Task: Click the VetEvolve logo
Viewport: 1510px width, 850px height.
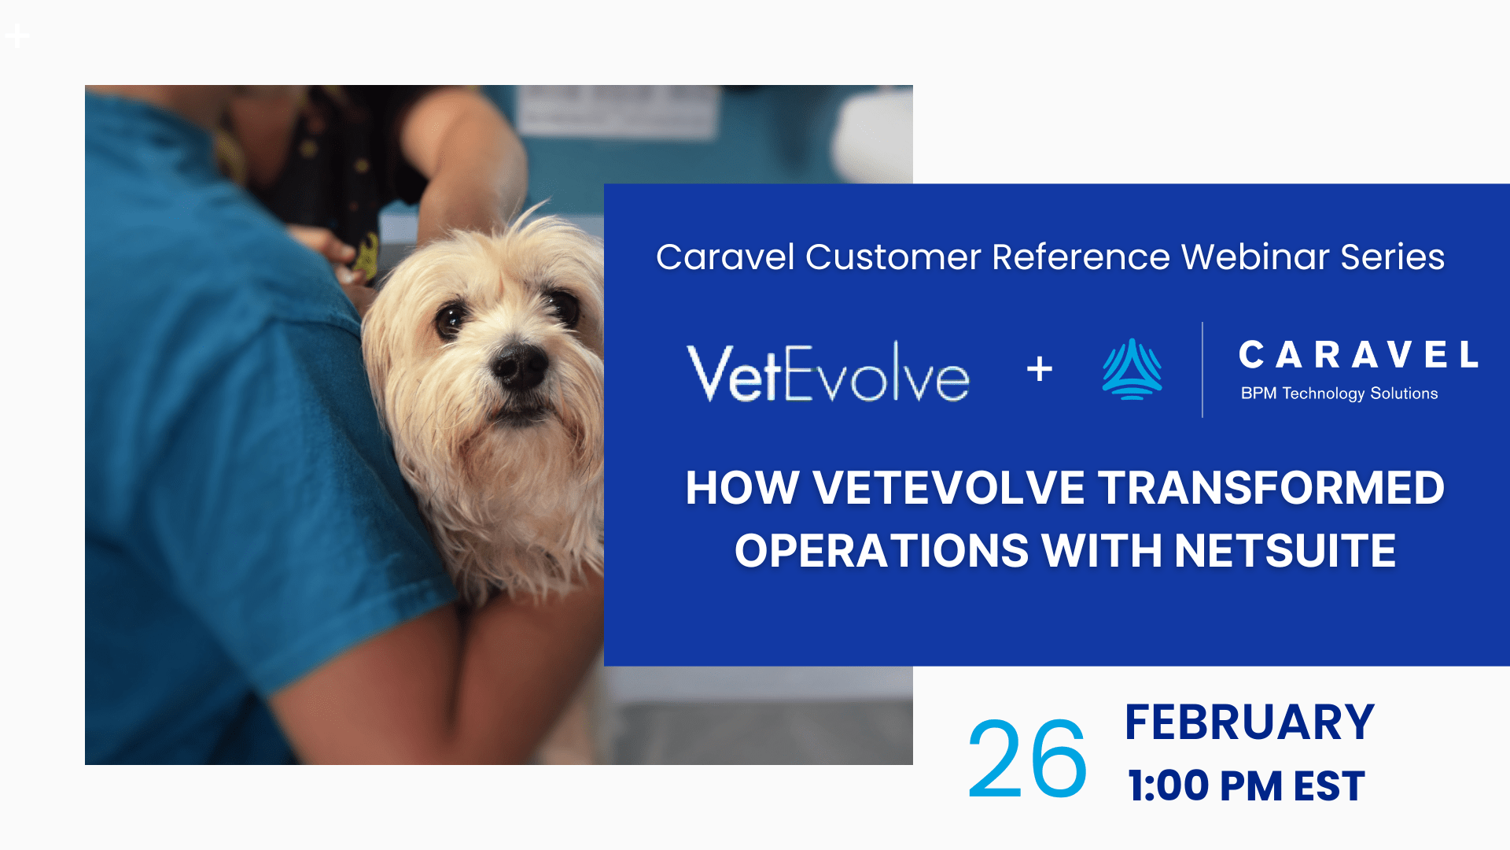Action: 828,372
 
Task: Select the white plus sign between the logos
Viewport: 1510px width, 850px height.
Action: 1040,368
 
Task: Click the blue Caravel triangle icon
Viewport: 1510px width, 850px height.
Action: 1132,369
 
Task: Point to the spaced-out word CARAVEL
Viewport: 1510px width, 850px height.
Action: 1358,355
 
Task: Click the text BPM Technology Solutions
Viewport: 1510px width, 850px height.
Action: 1339,394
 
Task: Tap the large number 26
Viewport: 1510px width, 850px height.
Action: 1027,759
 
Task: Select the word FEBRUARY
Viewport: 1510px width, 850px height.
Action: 1250,722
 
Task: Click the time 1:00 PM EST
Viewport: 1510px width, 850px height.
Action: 1247,786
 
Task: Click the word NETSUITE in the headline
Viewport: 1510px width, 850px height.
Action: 1285,550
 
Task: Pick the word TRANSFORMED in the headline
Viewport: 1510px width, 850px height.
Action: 1271,488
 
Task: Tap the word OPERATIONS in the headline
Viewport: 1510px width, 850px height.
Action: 882,550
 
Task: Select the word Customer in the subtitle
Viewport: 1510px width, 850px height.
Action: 893,257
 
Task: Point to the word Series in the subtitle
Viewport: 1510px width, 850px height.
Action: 1393,257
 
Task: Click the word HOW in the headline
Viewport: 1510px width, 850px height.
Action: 742,488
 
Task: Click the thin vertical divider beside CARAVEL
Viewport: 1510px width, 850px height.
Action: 1202,369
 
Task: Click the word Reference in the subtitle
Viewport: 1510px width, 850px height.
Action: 1081,257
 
